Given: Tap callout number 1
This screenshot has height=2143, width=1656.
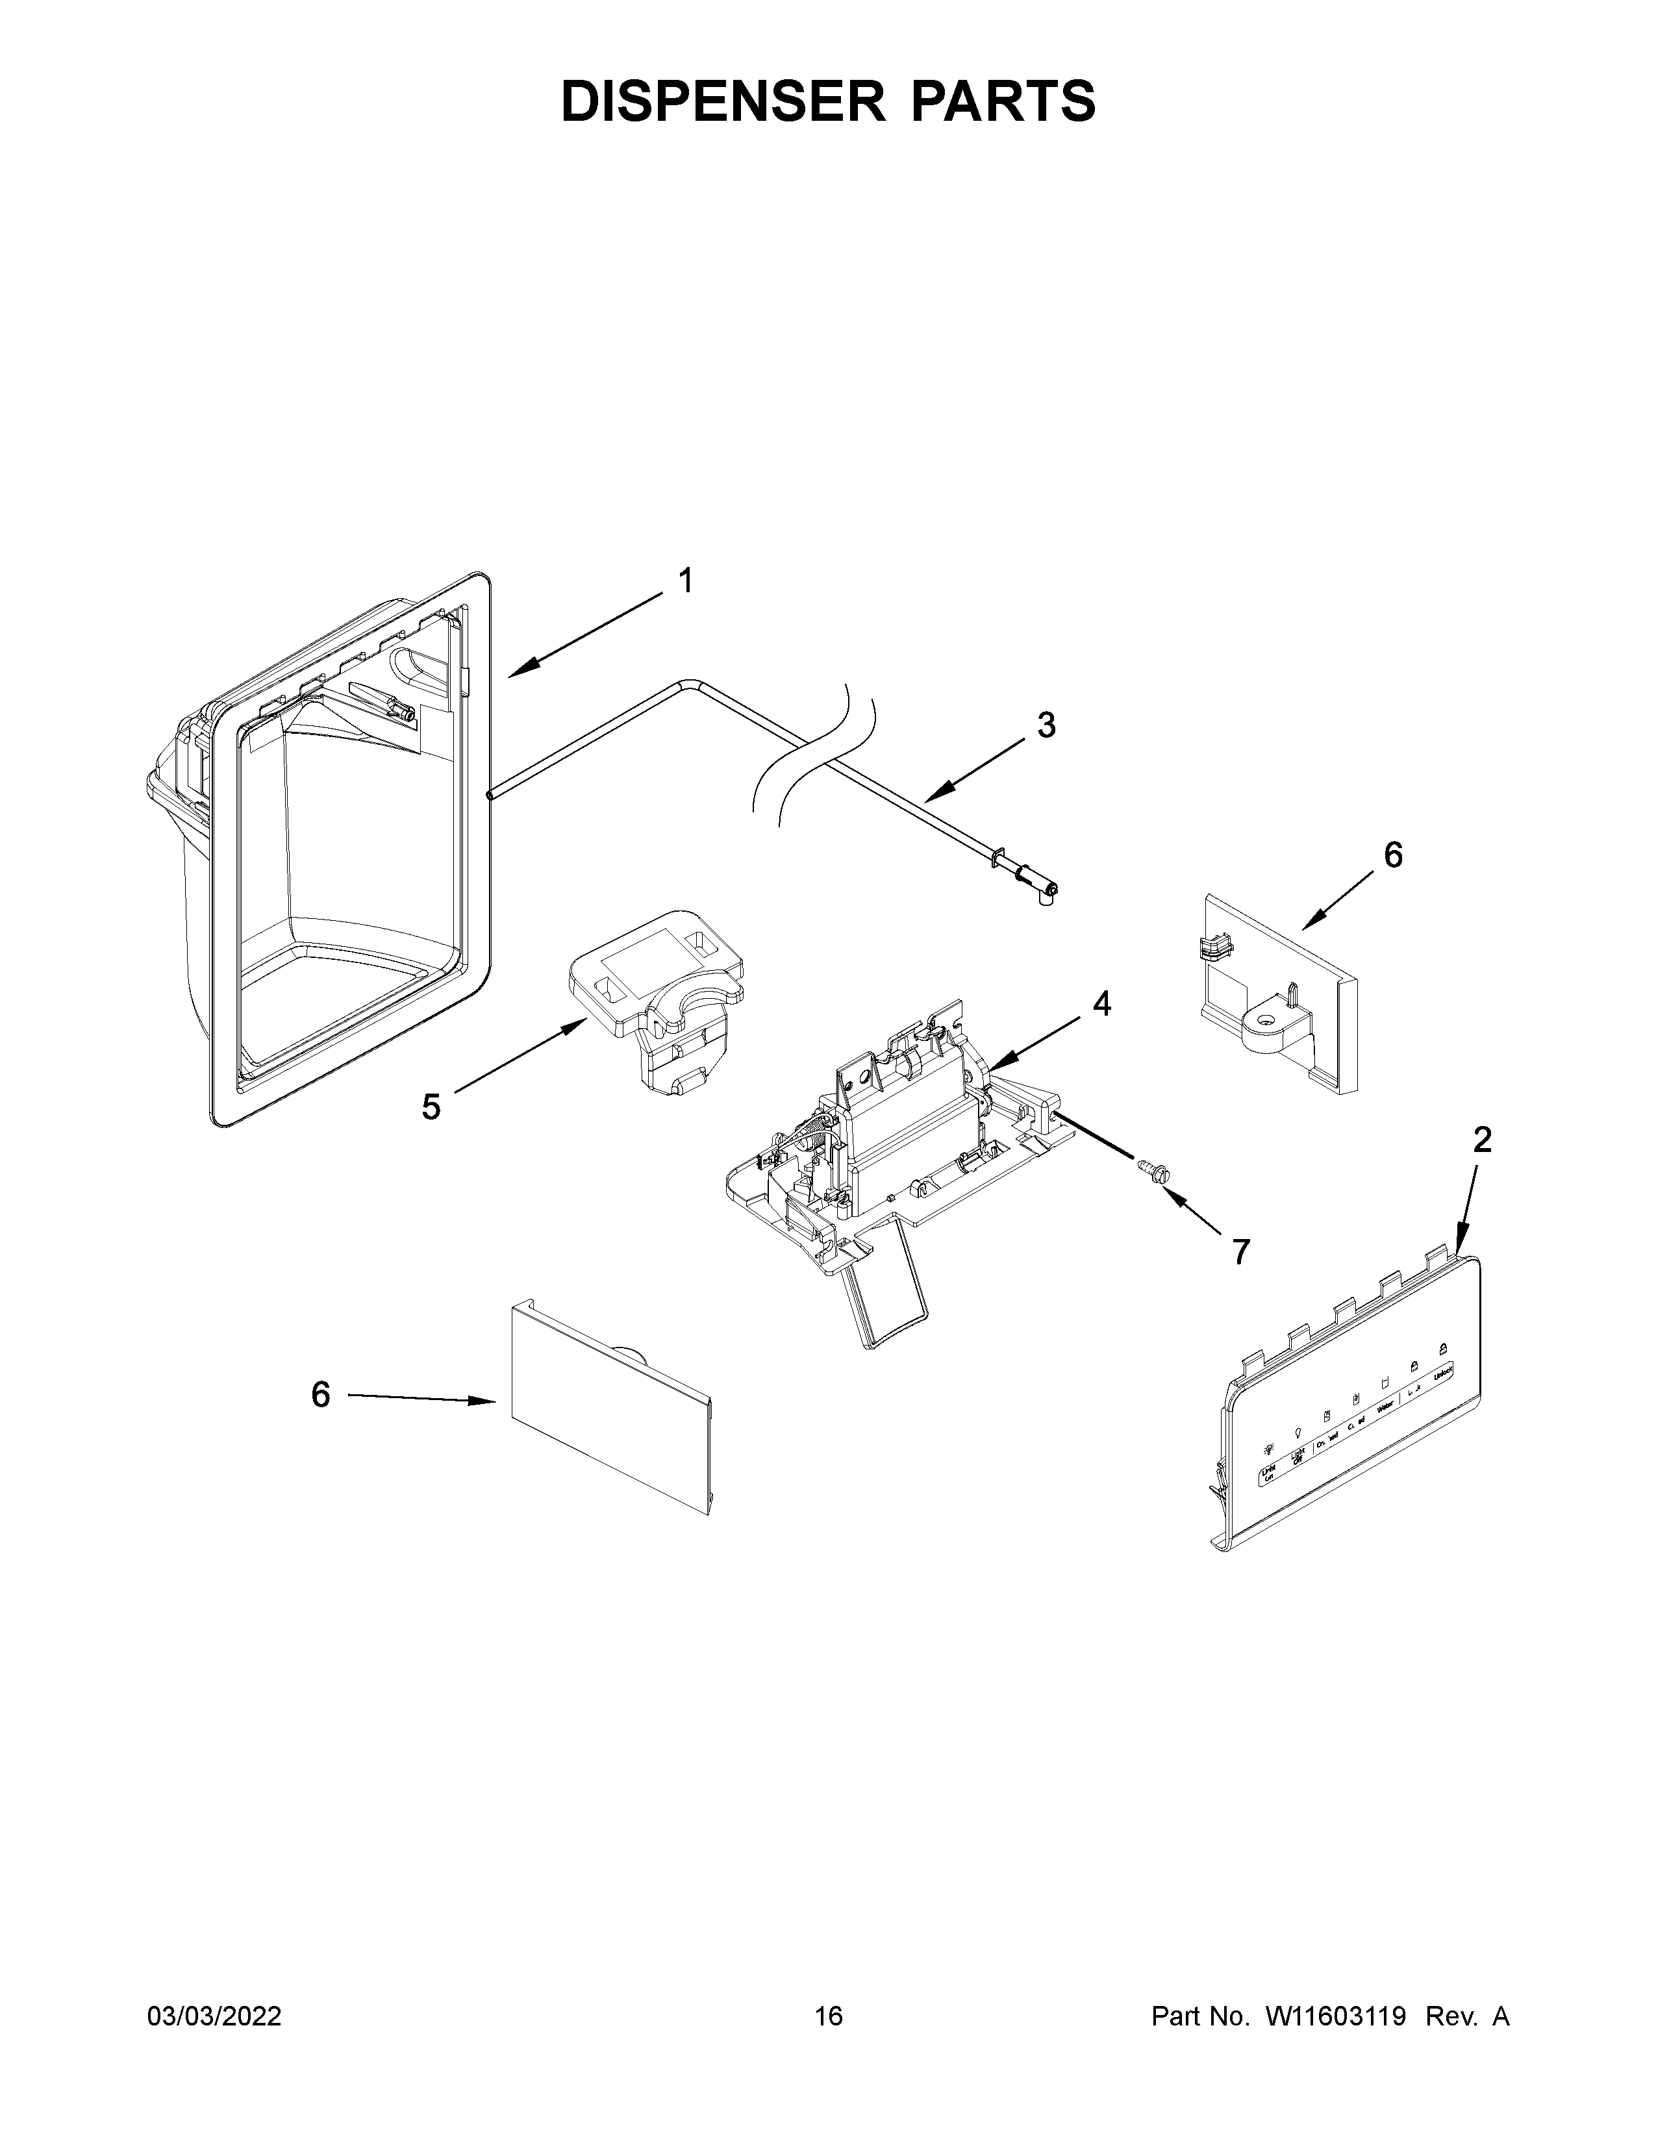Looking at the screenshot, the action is (686, 581).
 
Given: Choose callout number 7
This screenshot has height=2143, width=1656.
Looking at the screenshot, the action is (1241, 1251).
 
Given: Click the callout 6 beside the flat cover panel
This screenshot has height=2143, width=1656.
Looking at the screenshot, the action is (321, 1394).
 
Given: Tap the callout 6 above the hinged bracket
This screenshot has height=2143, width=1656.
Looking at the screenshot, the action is (1393, 855).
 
